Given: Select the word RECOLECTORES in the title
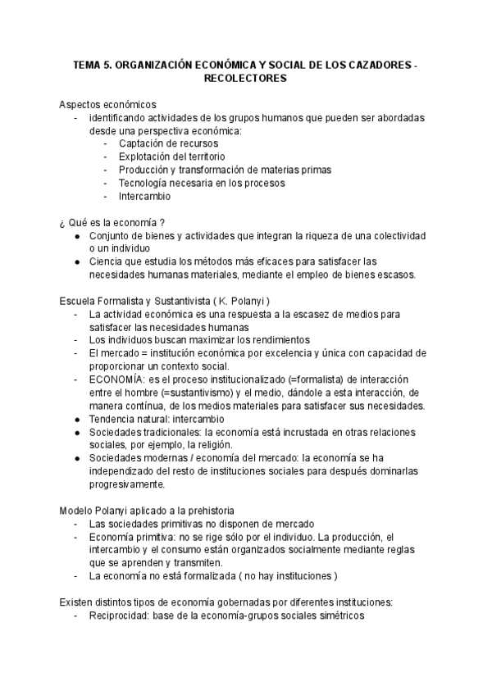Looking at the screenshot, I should [x=245, y=79].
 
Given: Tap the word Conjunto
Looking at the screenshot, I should [x=112, y=236].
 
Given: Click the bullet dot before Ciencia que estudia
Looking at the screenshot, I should [x=77, y=262].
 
